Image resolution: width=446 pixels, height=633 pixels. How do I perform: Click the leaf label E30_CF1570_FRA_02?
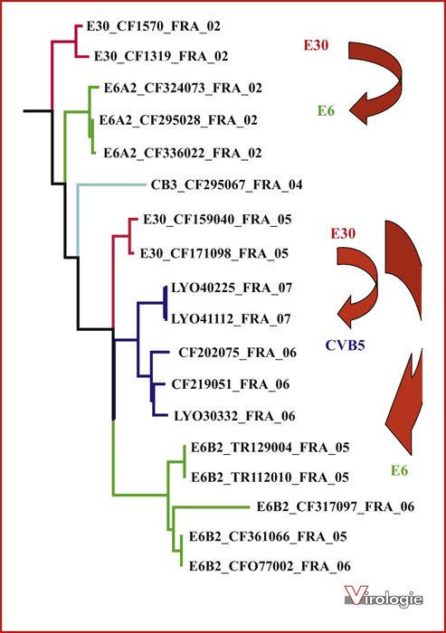tap(154, 26)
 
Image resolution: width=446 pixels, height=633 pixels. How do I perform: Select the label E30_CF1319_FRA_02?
tap(161, 56)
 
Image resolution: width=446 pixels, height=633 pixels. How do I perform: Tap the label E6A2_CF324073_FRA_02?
tap(183, 88)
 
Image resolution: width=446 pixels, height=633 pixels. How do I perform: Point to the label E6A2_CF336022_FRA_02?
tap(183, 153)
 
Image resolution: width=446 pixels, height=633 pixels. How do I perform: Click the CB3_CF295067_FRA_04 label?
tap(227, 184)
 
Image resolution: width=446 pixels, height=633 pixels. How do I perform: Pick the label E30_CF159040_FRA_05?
tap(217, 220)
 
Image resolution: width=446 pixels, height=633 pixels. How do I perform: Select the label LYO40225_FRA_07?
tap(232, 288)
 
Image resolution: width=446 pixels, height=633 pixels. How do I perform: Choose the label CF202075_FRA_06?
tap(238, 353)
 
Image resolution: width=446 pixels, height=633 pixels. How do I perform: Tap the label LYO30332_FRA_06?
tap(234, 416)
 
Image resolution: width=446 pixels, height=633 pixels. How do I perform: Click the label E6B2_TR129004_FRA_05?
tap(270, 448)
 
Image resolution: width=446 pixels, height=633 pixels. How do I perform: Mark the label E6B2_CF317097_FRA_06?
tap(336, 507)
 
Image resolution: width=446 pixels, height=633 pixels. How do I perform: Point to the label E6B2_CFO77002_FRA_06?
tap(270, 566)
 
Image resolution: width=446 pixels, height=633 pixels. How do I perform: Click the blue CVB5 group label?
tap(346, 345)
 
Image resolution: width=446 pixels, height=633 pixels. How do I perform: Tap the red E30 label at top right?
tap(317, 45)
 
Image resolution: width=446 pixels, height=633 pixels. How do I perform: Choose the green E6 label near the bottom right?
tap(399, 470)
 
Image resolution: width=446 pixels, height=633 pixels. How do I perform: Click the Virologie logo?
tap(384, 596)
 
